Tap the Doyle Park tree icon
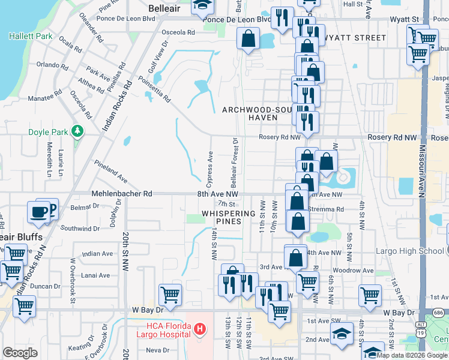[x=77, y=131]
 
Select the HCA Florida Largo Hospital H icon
[x=200, y=329]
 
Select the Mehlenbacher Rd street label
[x=121, y=194]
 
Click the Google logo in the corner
[x=20, y=353]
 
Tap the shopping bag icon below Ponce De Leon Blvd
[x=248, y=40]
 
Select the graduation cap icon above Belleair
[x=202, y=6]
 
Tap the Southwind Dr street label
[x=79, y=229]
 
